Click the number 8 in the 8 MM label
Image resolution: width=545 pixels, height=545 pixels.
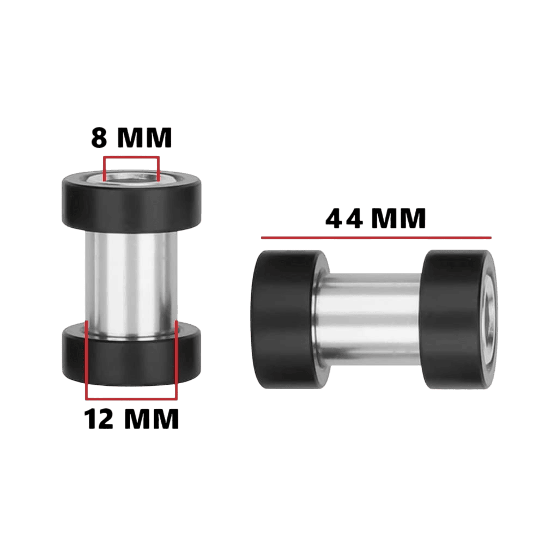[x=99, y=138]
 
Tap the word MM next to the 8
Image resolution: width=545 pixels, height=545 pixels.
[x=144, y=138]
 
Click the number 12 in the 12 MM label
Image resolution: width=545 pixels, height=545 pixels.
[x=99, y=419]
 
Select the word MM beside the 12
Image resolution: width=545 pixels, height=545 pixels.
[x=151, y=419]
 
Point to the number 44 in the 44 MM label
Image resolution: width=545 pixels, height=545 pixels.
[x=344, y=219]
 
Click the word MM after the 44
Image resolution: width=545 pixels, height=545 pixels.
[x=398, y=219]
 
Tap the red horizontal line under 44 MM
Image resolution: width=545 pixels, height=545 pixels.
[x=376, y=238]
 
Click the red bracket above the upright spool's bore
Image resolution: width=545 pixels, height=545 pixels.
[x=131, y=158]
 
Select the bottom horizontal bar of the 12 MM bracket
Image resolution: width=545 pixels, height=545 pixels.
[x=131, y=398]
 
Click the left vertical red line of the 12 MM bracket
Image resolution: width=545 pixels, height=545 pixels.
[x=86, y=360]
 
